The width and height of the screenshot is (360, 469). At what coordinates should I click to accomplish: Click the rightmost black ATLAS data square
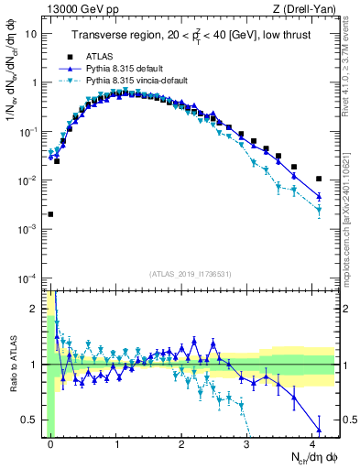(319, 180)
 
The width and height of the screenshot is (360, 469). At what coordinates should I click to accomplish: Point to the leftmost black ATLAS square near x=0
(50, 214)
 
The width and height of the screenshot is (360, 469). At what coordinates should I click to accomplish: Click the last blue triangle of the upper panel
(319, 196)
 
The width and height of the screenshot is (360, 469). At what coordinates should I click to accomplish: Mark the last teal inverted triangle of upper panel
(319, 211)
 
